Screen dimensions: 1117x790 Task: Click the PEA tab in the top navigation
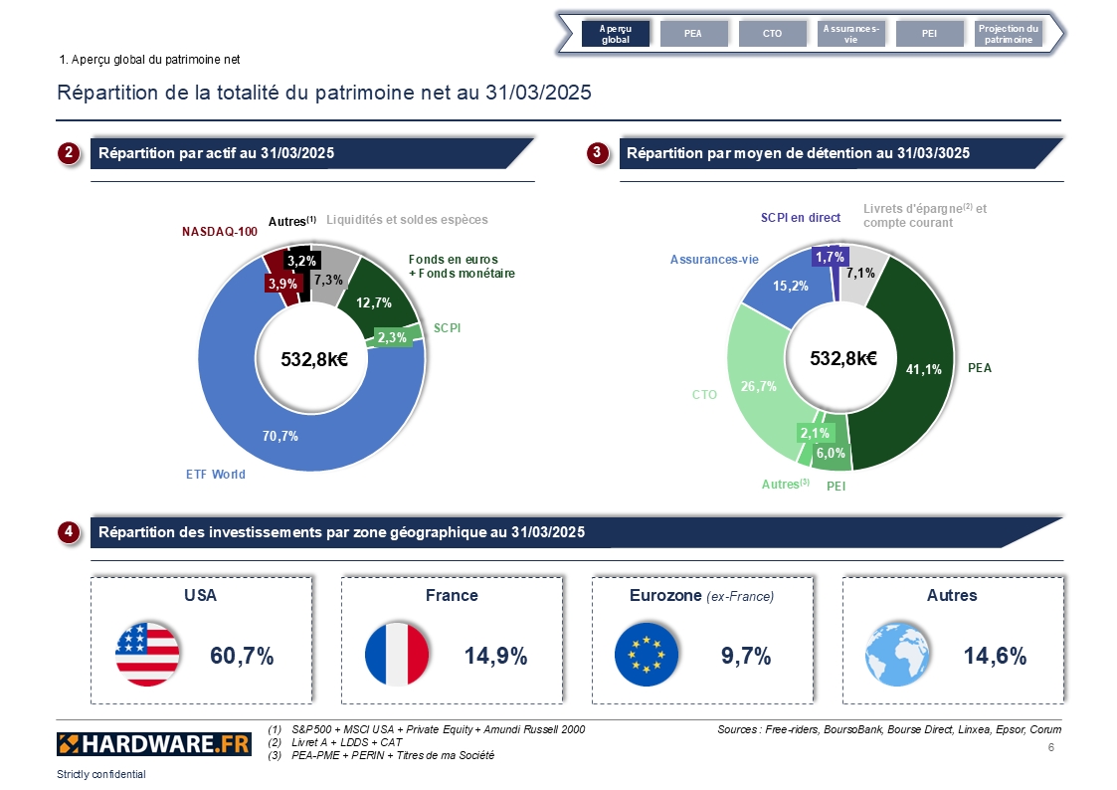(694, 34)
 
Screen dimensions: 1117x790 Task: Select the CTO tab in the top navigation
(772, 34)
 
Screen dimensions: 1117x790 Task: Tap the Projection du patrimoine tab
(1008, 34)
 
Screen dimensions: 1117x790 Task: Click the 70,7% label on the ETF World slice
(279, 436)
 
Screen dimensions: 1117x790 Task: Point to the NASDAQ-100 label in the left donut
(220, 232)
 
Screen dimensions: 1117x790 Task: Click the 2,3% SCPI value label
(392, 337)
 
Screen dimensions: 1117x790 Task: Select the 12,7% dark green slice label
(374, 302)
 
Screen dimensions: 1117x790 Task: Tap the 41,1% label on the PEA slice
(923, 369)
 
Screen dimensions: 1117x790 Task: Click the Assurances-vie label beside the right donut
(714, 260)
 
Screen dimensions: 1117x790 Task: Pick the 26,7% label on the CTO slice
(758, 386)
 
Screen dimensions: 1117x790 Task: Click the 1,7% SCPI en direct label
(830, 257)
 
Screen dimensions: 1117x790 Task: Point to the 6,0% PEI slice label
(831, 453)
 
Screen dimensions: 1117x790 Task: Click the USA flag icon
(147, 655)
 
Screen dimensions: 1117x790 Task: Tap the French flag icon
(397, 655)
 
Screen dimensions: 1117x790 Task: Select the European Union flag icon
(647, 655)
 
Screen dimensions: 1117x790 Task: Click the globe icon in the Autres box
(897, 655)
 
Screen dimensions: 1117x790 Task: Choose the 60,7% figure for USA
(242, 656)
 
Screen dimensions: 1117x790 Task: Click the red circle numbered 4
(69, 531)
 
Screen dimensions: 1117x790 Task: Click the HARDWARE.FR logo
(154, 744)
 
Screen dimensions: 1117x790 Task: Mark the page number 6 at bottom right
(1050, 747)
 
